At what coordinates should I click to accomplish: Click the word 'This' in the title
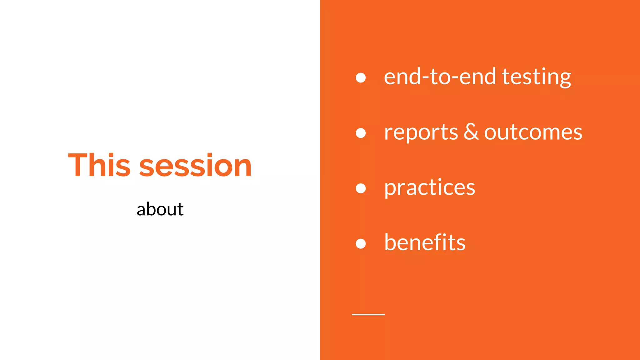coord(99,165)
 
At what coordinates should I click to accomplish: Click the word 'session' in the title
coord(195,166)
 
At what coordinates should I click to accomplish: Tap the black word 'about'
coord(160,209)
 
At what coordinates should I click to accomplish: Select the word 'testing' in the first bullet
coord(536,77)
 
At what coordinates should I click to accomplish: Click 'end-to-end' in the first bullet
coord(440,77)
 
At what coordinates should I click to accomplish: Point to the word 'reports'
coord(421,132)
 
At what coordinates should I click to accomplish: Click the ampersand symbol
coord(471,132)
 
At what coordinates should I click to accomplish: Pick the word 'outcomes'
coord(533,132)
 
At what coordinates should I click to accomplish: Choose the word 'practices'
coord(429,187)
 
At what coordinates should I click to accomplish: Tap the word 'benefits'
coord(425,242)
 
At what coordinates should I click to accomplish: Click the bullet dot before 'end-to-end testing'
coord(361,77)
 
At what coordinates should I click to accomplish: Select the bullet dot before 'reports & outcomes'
coord(361,133)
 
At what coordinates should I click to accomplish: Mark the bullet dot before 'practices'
coord(361,188)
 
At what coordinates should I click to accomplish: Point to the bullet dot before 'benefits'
coord(361,243)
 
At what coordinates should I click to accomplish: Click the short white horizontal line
coord(368,314)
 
